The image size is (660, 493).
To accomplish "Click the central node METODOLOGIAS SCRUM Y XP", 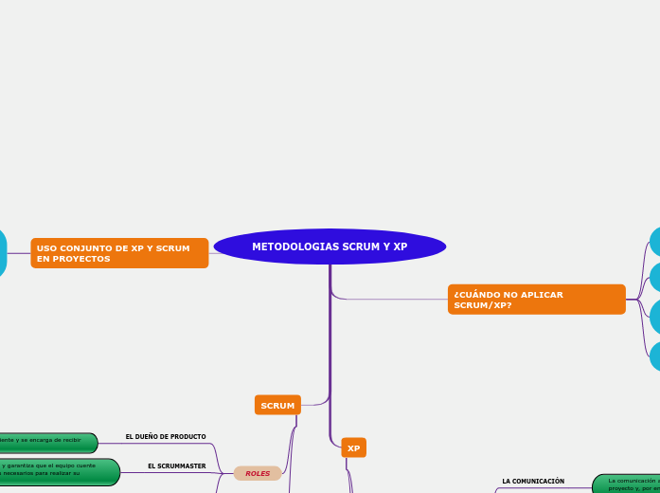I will point(330,246).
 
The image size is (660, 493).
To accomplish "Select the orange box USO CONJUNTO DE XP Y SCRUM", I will point(119,253).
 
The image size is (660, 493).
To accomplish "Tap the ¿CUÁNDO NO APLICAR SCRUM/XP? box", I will point(536,300).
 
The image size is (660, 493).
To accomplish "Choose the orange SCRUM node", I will point(277,406).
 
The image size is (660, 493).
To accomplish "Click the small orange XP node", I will point(353,448).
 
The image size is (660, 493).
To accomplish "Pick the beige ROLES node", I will point(258,473).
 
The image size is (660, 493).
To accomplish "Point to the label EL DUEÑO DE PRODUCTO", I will point(166,437).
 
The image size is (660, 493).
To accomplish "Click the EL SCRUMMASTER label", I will point(176,466).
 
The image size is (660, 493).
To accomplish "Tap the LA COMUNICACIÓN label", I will point(533,482).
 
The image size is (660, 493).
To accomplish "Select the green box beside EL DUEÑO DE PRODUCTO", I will point(47,443).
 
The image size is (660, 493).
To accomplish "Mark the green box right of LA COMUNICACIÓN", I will point(627,484).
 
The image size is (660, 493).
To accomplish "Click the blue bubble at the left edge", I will point(2,253).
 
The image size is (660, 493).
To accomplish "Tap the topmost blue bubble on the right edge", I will point(654,241).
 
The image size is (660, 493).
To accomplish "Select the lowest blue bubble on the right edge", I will point(654,356).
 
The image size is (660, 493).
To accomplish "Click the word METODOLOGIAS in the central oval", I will point(285,246).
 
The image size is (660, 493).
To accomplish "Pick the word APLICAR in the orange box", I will point(543,295).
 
